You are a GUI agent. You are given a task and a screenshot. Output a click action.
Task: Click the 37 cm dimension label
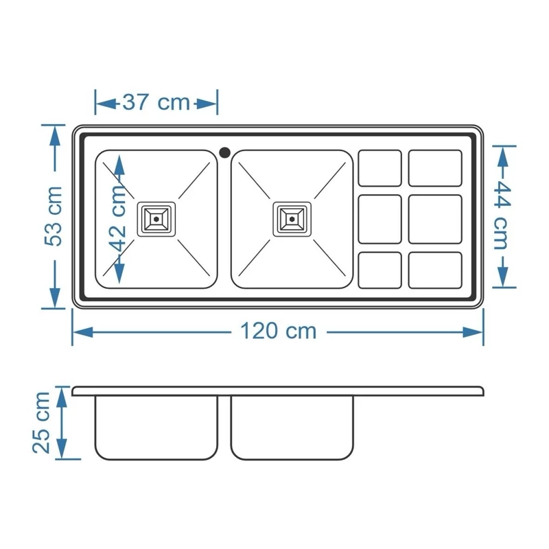click(156, 102)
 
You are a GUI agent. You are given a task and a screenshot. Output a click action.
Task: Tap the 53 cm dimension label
click(54, 216)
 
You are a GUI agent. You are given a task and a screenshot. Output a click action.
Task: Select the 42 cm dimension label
click(117, 218)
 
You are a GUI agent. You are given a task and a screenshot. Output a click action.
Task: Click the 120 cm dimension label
click(279, 331)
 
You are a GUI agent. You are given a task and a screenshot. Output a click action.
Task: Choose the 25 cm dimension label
click(41, 423)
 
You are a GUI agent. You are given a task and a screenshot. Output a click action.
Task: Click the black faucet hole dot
click(225, 152)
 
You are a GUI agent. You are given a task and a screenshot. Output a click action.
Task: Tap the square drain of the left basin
click(156, 219)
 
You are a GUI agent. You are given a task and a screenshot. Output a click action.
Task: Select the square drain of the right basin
click(292, 219)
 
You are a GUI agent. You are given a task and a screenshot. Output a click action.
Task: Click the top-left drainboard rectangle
click(380, 168)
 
